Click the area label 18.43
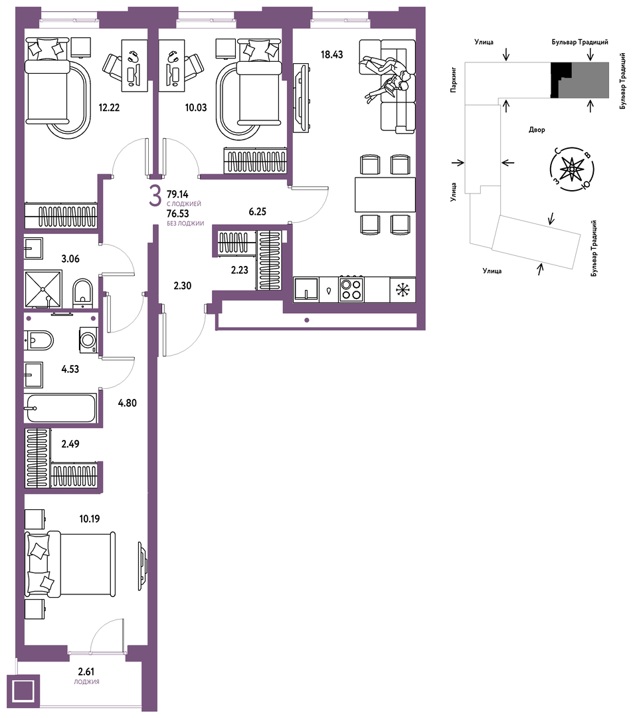click(331, 55)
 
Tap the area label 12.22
click(109, 108)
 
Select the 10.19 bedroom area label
click(89, 519)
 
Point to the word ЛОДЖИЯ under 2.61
click(86, 682)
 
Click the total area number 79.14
click(177, 195)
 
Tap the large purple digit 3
click(155, 197)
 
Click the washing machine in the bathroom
click(88, 340)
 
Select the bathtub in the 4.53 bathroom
click(61, 408)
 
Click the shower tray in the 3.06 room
click(43, 289)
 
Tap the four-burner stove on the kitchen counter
click(351, 289)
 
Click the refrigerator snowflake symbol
click(403, 289)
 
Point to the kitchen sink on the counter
click(306, 289)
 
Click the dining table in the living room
click(385, 195)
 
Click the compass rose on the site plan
click(571, 170)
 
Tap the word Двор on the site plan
click(537, 130)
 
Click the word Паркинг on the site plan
click(454, 80)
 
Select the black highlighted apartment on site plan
click(560, 80)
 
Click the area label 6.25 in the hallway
click(257, 212)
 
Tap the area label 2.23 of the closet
click(239, 270)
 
